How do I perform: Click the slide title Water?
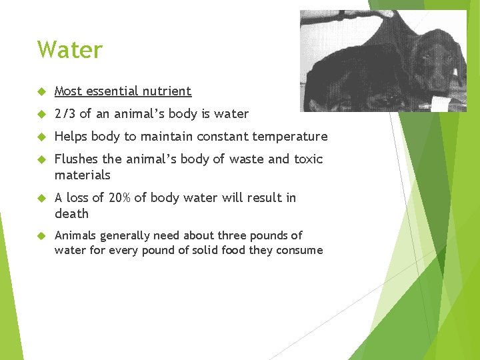point(70,50)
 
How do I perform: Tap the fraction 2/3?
point(65,114)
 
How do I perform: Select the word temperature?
point(294,137)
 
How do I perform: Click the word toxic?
point(308,159)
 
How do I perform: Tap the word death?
point(71,214)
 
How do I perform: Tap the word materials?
point(82,175)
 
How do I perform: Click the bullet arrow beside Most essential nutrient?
point(41,91)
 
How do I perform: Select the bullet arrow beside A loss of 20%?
point(41,198)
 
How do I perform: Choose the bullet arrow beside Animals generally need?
point(41,235)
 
